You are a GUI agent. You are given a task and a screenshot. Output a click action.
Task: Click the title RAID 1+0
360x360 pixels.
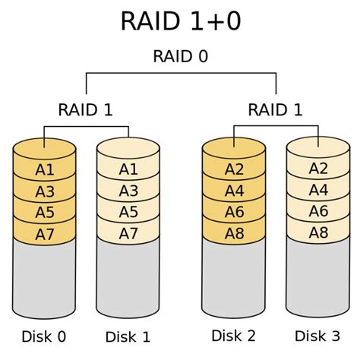coord(180,21)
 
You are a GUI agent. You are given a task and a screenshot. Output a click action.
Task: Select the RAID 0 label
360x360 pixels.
coord(180,57)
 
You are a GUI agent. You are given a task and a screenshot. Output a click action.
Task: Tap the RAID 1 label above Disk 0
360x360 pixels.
coord(85,110)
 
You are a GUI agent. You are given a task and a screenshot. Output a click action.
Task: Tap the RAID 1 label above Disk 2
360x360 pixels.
coord(275,110)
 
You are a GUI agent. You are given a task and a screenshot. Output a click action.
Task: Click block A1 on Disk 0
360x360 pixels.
coord(45,169)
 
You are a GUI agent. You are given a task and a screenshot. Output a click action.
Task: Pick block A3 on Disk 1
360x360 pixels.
coord(128,191)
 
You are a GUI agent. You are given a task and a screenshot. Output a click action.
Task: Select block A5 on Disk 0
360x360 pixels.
coord(45,211)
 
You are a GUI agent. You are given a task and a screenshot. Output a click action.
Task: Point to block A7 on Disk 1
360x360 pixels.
coord(128,232)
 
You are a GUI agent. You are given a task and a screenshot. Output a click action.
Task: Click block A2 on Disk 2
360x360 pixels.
coord(233,169)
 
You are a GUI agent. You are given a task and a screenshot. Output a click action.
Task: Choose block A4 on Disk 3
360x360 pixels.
coord(317,190)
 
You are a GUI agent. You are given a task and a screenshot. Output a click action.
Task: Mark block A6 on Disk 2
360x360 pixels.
coord(233,211)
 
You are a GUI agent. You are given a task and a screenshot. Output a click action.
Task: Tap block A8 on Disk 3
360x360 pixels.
coord(317,232)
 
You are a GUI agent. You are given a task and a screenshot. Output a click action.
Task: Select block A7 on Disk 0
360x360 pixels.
coord(45,232)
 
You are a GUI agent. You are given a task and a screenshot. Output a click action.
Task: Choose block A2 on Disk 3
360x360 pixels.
coord(317,169)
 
